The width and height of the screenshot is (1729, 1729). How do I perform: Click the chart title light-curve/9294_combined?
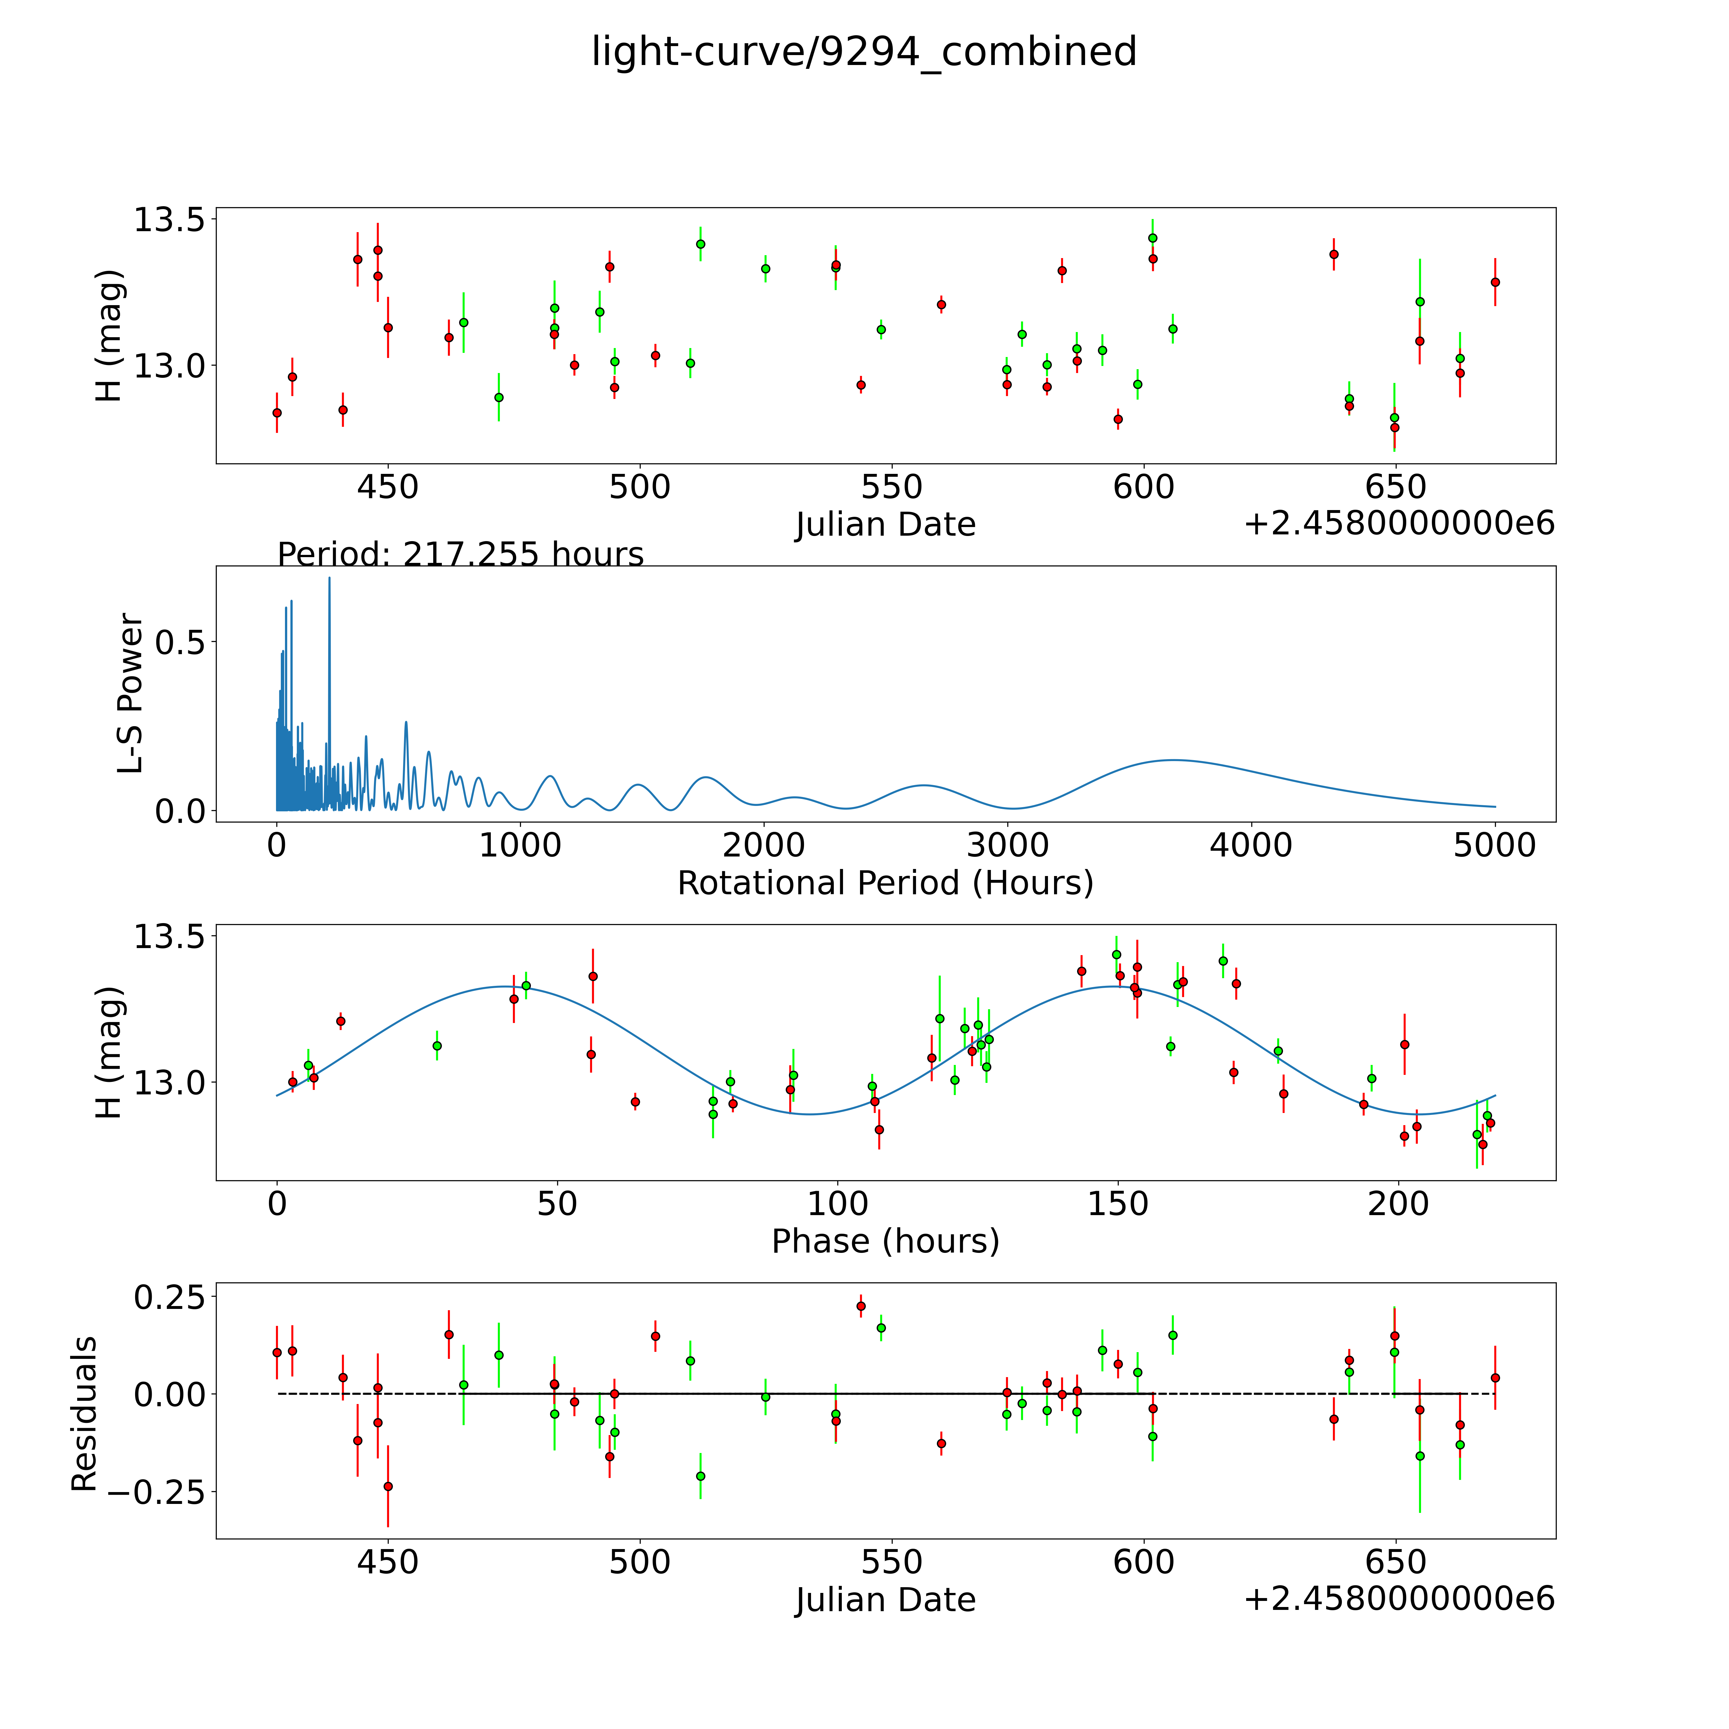tap(864, 52)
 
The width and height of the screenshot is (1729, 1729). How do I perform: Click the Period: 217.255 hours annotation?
tap(460, 555)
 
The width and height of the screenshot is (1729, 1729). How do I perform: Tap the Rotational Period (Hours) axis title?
tap(885, 883)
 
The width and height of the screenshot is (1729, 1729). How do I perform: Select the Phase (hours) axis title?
tap(885, 1241)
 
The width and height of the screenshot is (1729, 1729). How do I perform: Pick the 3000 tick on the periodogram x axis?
tap(1008, 845)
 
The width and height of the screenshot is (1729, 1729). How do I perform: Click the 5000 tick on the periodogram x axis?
tap(1495, 845)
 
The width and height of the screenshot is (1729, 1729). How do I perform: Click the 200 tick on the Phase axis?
tap(1398, 1204)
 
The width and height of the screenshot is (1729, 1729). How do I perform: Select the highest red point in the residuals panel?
tap(861, 1306)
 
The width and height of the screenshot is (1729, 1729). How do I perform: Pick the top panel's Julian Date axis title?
tap(885, 524)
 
